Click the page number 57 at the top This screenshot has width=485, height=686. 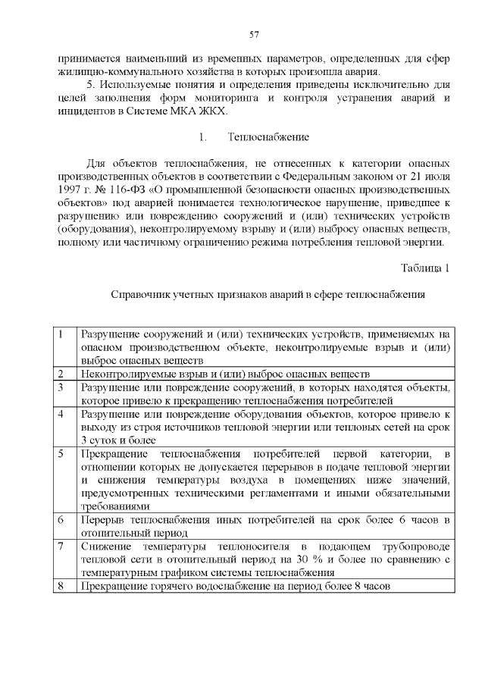(255, 33)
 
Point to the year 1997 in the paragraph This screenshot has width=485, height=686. (69, 183)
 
